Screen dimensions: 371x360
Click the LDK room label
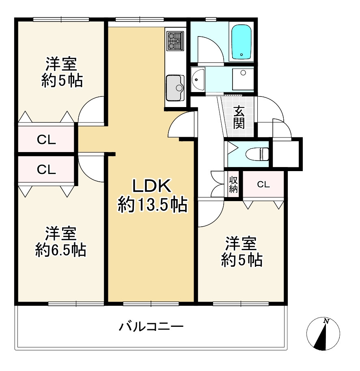(152, 187)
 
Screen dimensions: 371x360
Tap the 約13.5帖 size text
(152, 206)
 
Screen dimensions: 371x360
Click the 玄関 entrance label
(239, 117)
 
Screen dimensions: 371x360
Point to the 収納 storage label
(233, 185)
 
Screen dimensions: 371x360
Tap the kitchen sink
(175, 87)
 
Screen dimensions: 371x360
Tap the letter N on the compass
(326, 321)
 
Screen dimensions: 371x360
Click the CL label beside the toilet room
(263, 185)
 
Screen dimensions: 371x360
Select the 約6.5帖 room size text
(60, 250)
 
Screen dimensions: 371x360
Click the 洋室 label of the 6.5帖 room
(60, 234)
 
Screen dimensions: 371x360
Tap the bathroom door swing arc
(210, 49)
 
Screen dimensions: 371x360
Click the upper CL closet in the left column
(46, 140)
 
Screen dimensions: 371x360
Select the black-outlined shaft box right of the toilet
(287, 152)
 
